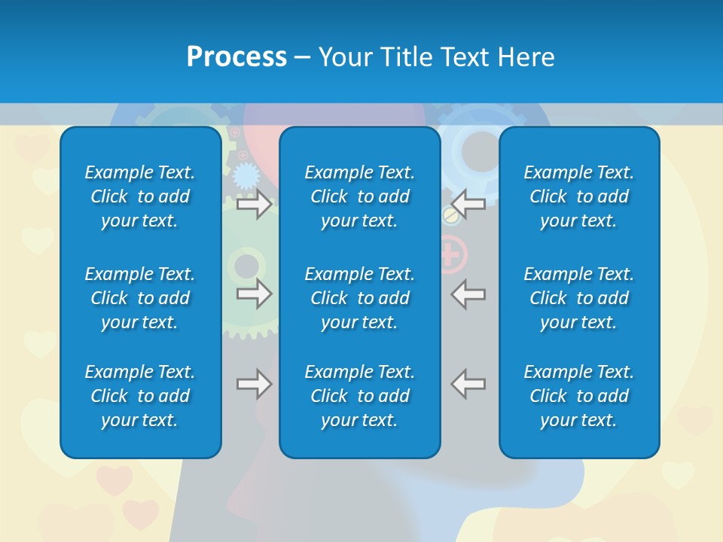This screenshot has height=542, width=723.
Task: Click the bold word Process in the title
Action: point(236,57)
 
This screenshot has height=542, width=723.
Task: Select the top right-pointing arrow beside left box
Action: point(254,204)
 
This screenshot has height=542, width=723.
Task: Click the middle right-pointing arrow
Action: point(254,294)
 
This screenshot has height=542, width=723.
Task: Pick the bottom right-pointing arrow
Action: point(254,384)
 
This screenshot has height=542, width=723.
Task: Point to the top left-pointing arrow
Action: point(468,204)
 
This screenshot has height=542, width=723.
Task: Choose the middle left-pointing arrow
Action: point(468,294)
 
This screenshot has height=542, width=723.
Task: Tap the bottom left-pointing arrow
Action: point(468,384)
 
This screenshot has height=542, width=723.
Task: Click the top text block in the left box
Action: point(140,196)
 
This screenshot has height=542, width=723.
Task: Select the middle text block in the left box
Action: point(140,298)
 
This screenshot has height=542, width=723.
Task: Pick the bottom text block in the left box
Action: point(140,396)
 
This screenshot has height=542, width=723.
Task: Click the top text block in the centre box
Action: point(359,196)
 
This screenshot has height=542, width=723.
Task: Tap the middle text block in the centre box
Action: point(359,298)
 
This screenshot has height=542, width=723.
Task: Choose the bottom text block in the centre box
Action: point(359,396)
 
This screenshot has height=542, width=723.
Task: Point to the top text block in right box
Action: point(578,196)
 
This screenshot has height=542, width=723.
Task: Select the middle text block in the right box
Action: point(578,298)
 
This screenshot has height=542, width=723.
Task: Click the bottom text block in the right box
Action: point(578,396)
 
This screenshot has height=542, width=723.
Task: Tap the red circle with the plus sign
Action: point(450,254)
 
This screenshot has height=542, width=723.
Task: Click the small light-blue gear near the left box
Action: point(246,177)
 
